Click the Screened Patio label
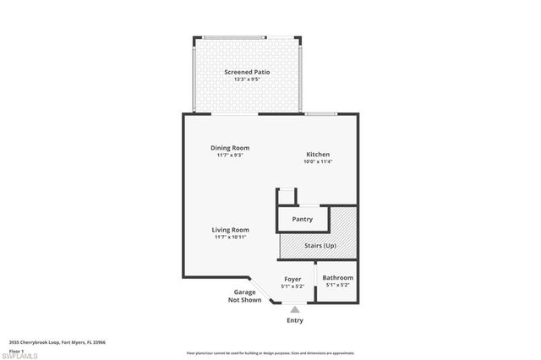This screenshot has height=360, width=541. click(247, 72)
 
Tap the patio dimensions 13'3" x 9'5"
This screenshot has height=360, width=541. click(247, 79)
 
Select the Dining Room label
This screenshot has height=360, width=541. click(230, 148)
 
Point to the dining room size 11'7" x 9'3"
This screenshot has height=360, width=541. click(230, 155)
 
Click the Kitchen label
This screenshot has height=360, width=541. click(318, 154)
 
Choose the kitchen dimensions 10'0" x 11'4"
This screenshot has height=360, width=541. click(318, 161)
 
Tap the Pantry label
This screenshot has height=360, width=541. click(303, 220)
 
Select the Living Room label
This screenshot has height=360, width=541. click(230, 229)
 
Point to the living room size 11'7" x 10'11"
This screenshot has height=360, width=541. click(230, 237)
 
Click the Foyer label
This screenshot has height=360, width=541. click(292, 278)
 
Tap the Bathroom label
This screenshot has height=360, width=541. click(337, 277)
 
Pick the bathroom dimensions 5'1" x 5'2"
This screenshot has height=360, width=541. click(337, 285)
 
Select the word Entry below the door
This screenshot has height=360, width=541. click(295, 320)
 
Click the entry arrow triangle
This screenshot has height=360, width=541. click(295, 310)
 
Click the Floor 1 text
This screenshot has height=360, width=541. click(16, 350)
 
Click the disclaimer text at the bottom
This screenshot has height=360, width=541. click(270, 352)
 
